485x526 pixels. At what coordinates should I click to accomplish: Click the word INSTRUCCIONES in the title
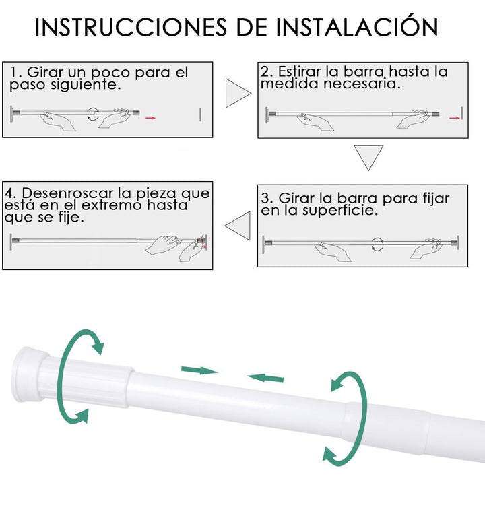click(x=131, y=27)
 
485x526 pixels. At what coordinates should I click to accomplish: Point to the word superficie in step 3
click(x=340, y=211)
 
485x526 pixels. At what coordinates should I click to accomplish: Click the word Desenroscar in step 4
click(x=67, y=193)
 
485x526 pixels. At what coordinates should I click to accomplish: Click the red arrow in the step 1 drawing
click(x=151, y=118)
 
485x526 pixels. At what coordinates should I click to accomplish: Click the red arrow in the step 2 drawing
click(x=455, y=118)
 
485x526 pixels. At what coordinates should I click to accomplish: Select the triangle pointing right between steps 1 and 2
click(x=238, y=93)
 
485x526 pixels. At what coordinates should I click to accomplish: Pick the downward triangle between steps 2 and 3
click(x=368, y=158)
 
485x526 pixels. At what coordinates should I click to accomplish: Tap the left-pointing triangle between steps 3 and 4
click(x=238, y=226)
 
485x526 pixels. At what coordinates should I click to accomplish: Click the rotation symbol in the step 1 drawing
click(x=93, y=114)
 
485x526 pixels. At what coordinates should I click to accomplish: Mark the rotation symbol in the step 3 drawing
click(x=378, y=244)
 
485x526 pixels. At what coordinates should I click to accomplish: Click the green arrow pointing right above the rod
click(x=199, y=370)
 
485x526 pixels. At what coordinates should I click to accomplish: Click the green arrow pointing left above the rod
click(x=265, y=378)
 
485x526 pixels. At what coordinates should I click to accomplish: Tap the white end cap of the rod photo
click(x=28, y=374)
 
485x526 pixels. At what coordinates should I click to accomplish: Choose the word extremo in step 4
click(x=112, y=205)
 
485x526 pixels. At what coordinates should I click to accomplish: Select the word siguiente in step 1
click(x=85, y=86)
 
